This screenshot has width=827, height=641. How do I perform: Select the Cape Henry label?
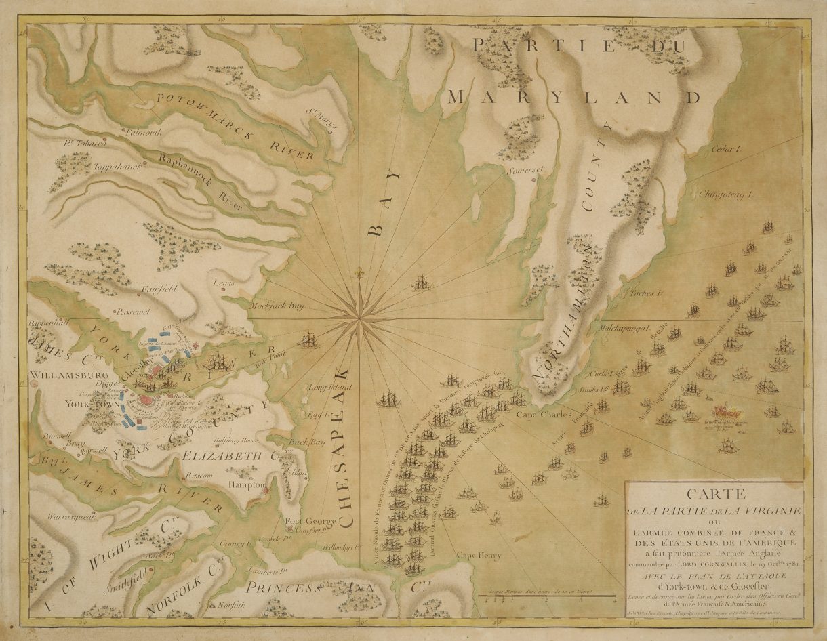[x=479, y=556]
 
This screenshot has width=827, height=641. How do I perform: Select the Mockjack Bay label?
[x=277, y=306]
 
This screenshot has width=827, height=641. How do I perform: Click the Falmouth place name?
[x=144, y=133]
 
